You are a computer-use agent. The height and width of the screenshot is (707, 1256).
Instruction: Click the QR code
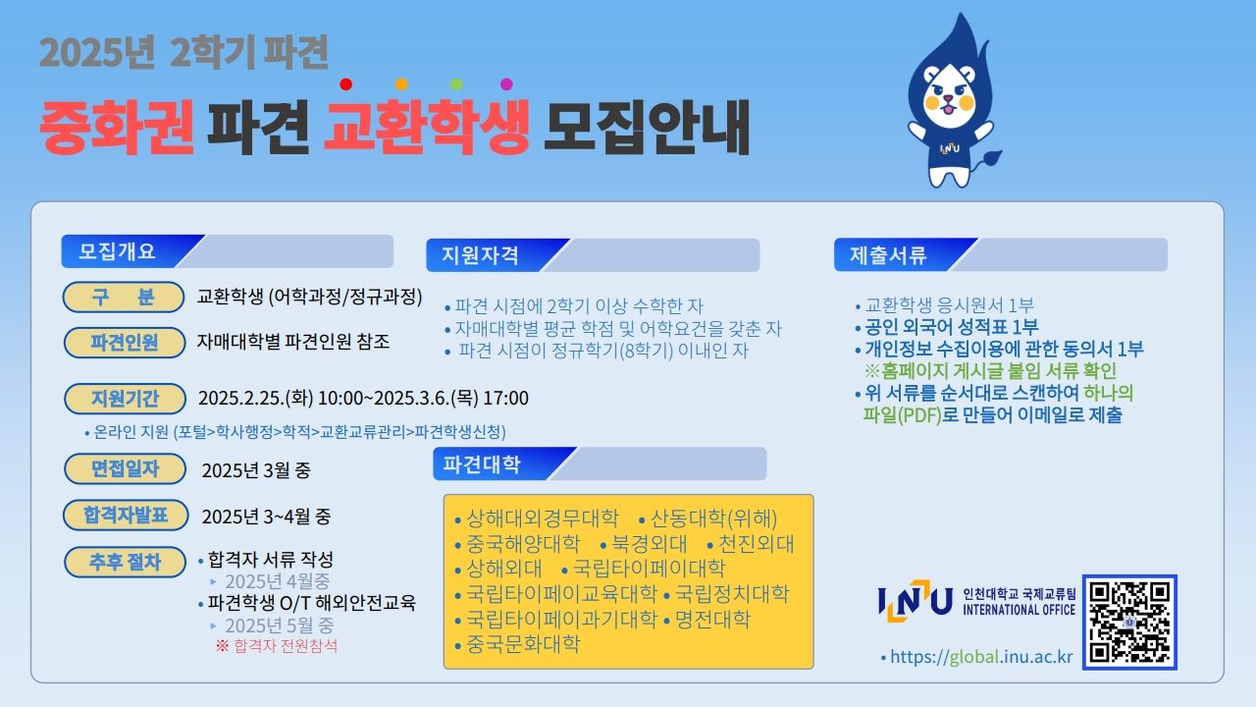(1129, 622)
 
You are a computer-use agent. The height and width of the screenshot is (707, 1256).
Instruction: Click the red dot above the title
(346, 84)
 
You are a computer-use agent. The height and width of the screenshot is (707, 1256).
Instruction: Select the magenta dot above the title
(506, 84)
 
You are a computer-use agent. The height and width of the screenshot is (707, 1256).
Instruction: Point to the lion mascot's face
(949, 96)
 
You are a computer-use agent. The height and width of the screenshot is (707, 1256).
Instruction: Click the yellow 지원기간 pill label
(125, 399)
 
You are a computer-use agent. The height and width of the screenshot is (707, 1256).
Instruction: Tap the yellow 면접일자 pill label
(125, 468)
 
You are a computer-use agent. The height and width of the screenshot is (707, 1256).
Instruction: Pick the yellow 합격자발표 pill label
(126, 516)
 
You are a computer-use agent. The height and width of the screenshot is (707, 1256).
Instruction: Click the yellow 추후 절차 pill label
(125, 562)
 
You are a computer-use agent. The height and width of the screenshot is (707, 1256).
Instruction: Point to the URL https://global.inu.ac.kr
(981, 657)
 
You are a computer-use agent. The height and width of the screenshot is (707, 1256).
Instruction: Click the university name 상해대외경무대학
(543, 517)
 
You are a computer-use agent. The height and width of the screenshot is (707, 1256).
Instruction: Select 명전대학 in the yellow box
(712, 619)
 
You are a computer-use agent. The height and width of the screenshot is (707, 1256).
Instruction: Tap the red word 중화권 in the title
(117, 127)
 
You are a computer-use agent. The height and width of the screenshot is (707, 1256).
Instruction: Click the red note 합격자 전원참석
(286, 646)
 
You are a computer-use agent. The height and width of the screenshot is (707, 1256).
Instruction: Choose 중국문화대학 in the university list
(523, 643)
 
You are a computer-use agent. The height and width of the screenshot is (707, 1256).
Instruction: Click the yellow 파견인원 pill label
(125, 343)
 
